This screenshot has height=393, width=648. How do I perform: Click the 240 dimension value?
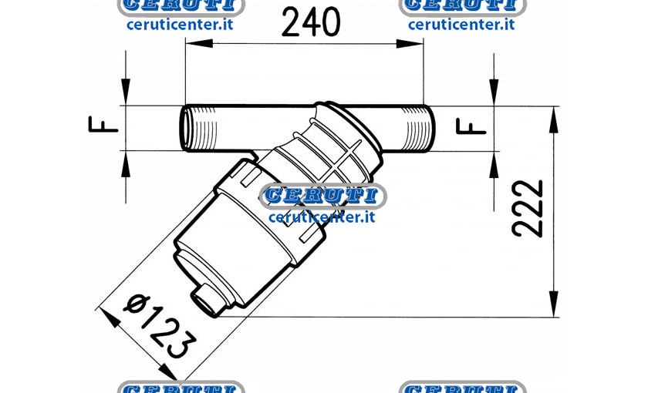click(x=311, y=22)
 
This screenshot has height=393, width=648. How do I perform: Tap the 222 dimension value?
click(x=527, y=209)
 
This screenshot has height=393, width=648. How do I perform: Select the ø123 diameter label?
click(x=160, y=326)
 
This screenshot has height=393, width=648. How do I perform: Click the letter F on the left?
click(x=103, y=124)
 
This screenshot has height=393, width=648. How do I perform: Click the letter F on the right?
click(x=471, y=126)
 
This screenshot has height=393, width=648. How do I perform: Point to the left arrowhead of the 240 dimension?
click(x=199, y=43)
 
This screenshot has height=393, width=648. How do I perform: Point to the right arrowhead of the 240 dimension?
click(x=410, y=43)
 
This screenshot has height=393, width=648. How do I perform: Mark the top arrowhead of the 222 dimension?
click(x=554, y=119)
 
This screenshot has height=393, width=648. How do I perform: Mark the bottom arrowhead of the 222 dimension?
click(x=554, y=304)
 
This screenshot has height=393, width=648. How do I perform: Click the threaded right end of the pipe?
click(x=418, y=128)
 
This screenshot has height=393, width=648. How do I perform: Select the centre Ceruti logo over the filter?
click(x=323, y=195)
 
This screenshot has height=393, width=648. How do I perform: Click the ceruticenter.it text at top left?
click(x=180, y=25)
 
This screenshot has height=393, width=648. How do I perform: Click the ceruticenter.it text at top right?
click(x=461, y=25)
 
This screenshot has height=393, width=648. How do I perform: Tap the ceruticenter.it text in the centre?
click(x=322, y=217)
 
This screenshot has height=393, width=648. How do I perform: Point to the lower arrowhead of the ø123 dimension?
click(x=168, y=371)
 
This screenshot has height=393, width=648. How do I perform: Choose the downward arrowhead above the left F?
click(x=126, y=92)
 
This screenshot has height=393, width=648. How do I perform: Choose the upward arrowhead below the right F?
click(x=494, y=165)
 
